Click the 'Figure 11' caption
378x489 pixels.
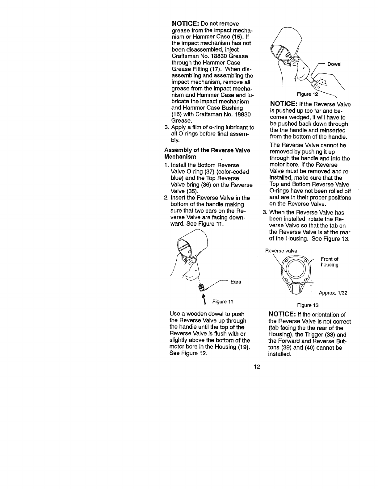[222, 301]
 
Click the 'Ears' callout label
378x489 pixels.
[236, 282]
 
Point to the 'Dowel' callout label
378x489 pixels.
[334, 65]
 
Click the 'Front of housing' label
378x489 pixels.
[330, 262]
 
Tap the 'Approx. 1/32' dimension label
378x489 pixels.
[333, 293]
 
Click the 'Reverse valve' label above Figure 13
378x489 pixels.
[281, 251]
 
